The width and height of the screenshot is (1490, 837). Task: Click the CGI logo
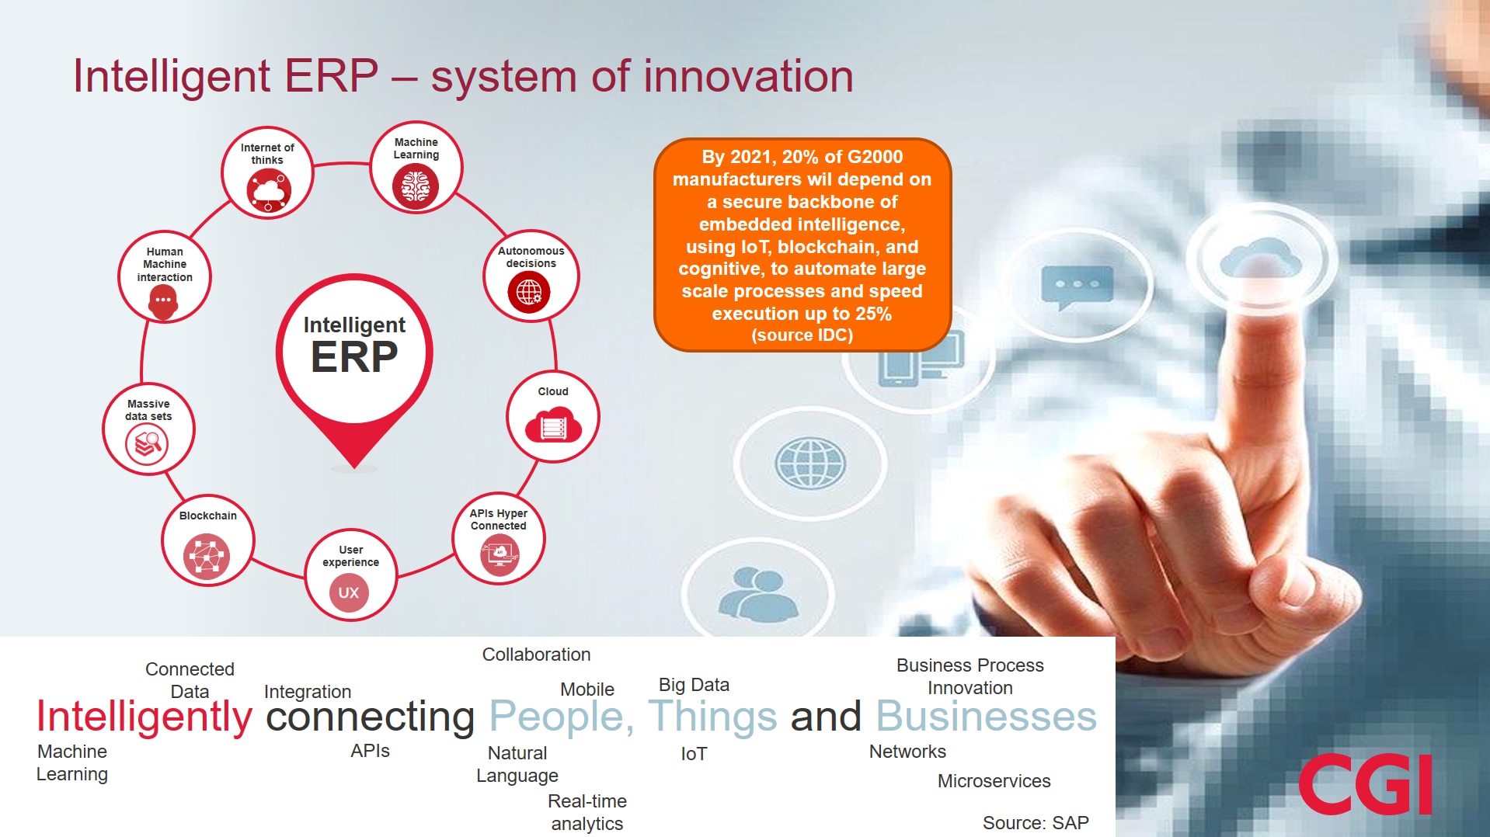coord(1365,784)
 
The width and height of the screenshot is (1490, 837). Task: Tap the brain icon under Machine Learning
coord(416,187)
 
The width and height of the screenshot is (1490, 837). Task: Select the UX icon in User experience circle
coord(349,592)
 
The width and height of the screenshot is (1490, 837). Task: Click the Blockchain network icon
coord(207,556)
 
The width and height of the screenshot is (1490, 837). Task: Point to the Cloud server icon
coord(553,426)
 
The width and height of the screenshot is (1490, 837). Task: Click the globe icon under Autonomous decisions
coord(529,292)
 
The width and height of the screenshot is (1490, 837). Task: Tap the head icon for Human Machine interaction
coord(163,301)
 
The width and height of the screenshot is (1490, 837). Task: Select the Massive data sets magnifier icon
coord(148,444)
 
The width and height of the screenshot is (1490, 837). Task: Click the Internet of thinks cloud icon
coord(269,191)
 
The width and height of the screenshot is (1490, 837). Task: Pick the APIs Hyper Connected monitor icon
coord(500,554)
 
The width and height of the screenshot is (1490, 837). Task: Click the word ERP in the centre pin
coord(354,357)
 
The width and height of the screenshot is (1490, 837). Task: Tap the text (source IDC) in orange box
coord(802,335)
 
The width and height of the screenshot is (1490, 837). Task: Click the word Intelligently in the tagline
coord(144,716)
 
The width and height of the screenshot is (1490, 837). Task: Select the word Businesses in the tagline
coord(986,716)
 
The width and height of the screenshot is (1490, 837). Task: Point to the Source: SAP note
coord(1035,822)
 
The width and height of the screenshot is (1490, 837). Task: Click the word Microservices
coord(994,781)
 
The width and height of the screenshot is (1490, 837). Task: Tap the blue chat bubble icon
coord(1077,286)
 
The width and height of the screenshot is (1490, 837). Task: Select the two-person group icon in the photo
coord(757,594)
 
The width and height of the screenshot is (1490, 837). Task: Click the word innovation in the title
coord(748,77)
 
